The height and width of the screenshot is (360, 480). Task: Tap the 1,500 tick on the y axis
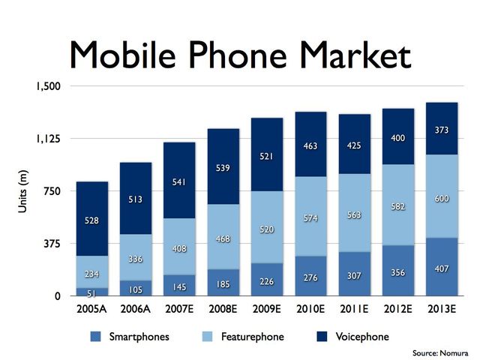48,86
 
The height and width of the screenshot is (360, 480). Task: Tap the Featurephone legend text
253,337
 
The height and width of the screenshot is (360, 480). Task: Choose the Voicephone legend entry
362,337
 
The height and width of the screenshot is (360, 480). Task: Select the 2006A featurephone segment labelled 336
135,259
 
